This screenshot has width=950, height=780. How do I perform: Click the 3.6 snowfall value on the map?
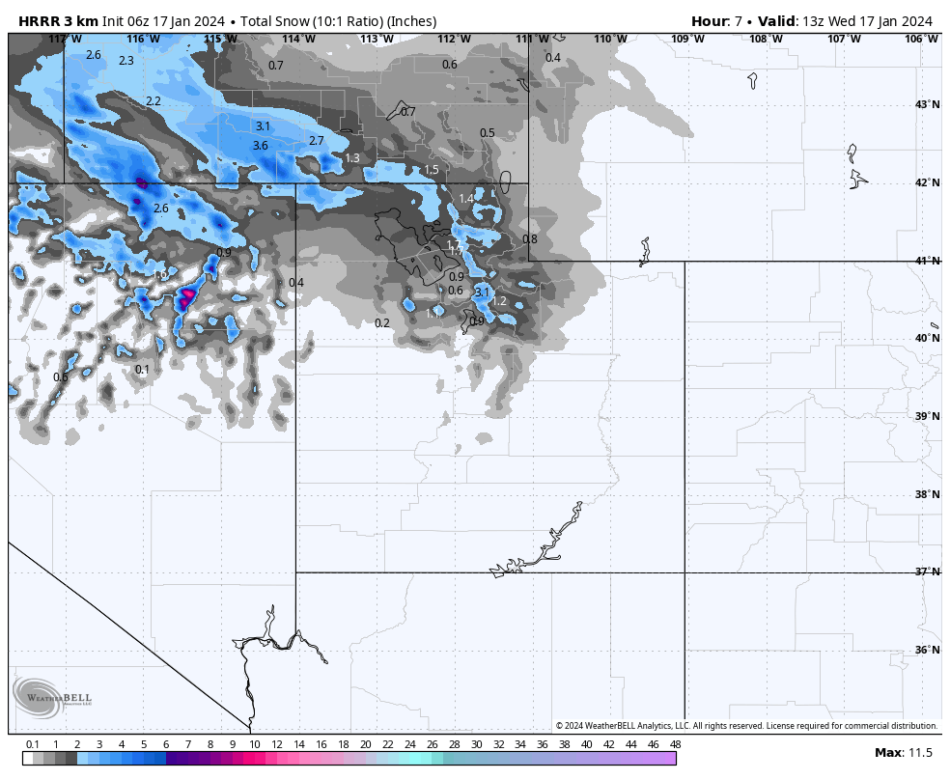click(x=260, y=146)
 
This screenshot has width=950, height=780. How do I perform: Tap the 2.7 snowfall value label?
click(x=316, y=141)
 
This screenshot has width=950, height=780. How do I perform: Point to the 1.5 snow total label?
click(x=432, y=170)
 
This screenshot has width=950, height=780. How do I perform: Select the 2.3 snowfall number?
click(x=126, y=61)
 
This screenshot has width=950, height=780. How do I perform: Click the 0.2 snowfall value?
click(x=382, y=323)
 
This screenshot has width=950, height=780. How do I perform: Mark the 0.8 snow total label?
click(x=530, y=239)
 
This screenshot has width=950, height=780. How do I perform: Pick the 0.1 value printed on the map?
click(x=142, y=370)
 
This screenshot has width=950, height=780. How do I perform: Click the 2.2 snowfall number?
click(x=154, y=101)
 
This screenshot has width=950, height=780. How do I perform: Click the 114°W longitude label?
click(x=298, y=39)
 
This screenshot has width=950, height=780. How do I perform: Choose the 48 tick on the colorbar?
click(x=675, y=744)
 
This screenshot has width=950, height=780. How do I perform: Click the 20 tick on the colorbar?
click(x=365, y=744)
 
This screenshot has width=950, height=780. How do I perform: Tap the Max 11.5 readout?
click(x=903, y=753)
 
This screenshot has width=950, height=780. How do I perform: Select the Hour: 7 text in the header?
click(x=716, y=21)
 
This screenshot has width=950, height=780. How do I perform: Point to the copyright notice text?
click(x=746, y=726)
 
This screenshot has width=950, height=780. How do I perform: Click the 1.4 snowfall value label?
click(x=466, y=199)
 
